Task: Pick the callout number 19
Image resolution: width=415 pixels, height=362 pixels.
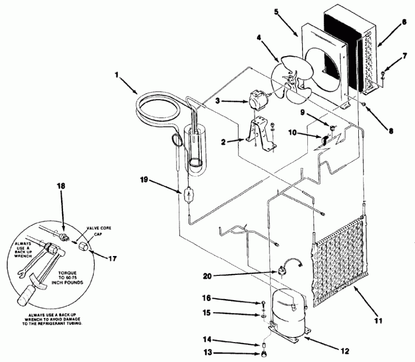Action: tap(143, 180)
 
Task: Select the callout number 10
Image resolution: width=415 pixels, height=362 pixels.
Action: tap(299, 134)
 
